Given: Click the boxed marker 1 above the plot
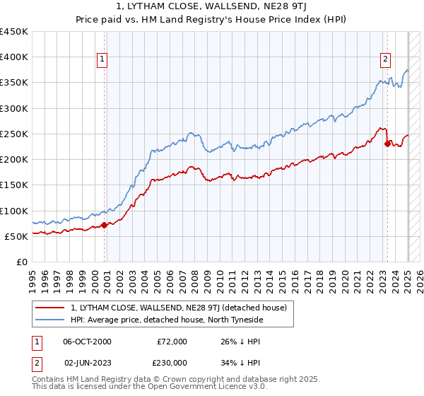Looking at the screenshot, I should pyautogui.click(x=103, y=60).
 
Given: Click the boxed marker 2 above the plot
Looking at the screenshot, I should pyautogui.click(x=386, y=60).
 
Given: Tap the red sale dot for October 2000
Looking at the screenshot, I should pyautogui.click(x=104, y=226).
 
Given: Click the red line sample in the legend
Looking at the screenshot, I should pyautogui.click(x=52, y=308).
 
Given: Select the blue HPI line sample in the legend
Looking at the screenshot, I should pyautogui.click(x=52, y=320).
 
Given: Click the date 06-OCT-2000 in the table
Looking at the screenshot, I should pyautogui.click(x=87, y=342).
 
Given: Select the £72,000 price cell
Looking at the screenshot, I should pyautogui.click(x=172, y=342).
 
